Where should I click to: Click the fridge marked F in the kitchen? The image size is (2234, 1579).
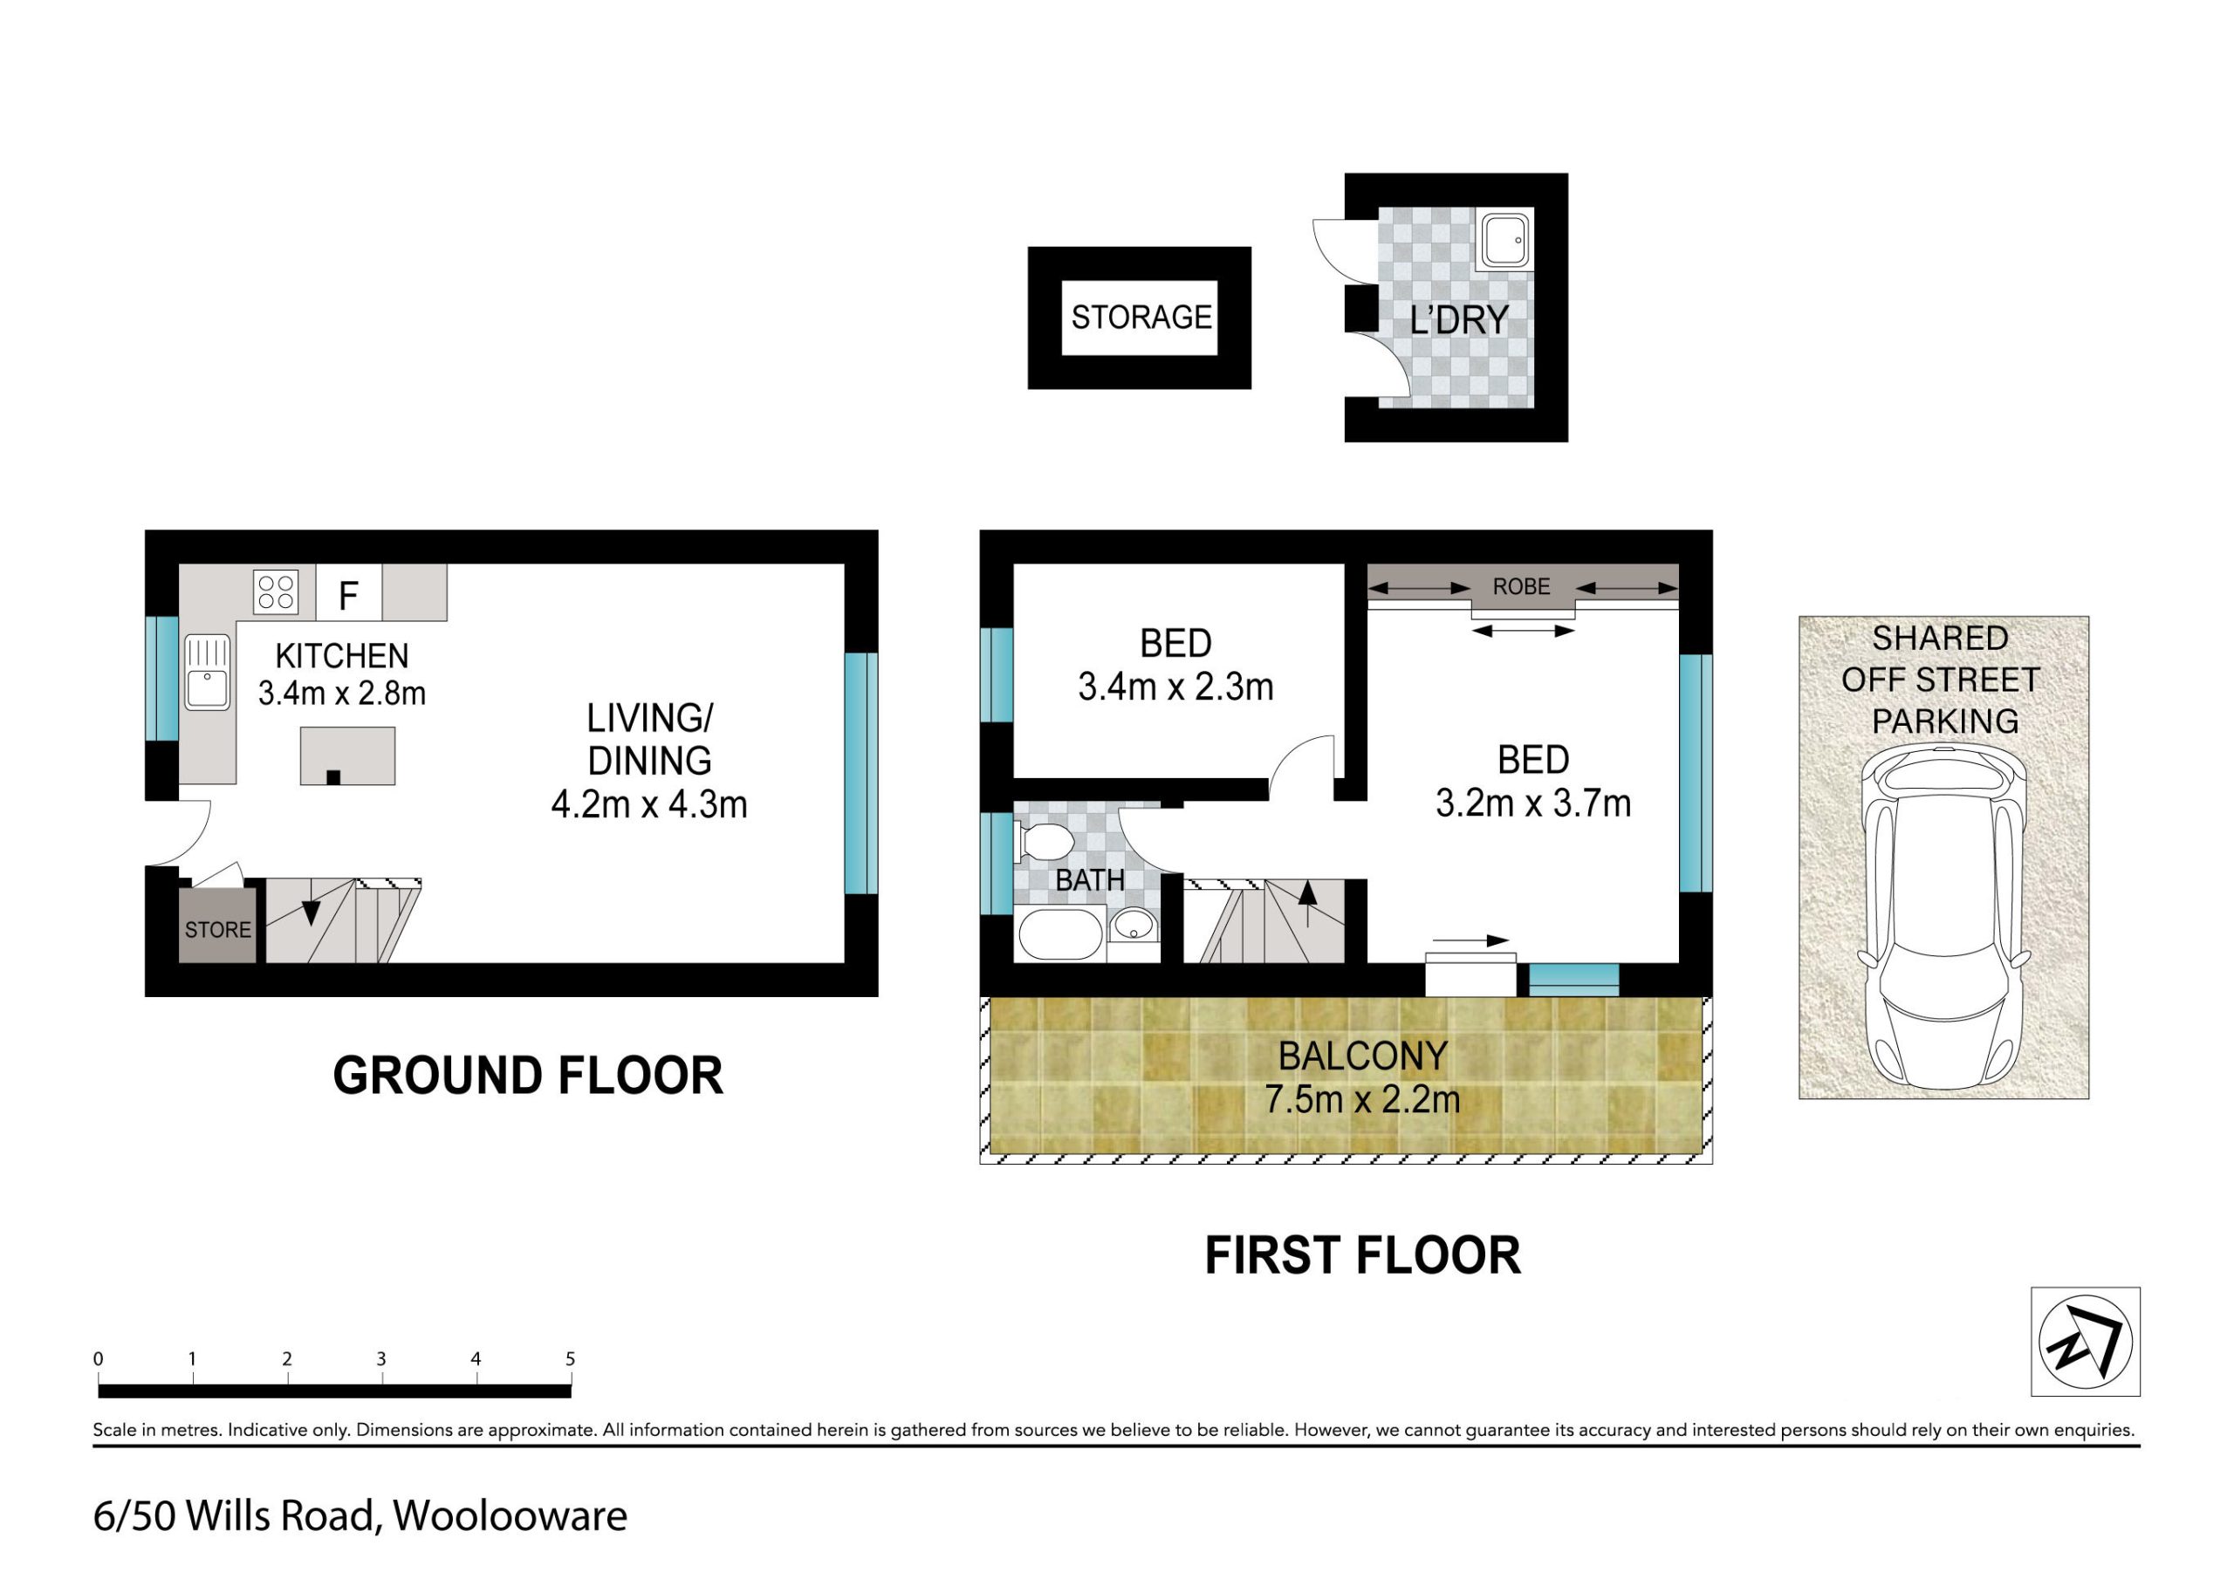pos(348,592)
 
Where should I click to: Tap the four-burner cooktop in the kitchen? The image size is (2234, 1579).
pos(276,592)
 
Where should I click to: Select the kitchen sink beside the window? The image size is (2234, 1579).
pos(207,673)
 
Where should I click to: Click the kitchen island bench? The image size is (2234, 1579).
pos(347,756)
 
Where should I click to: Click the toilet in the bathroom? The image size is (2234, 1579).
pos(1043,843)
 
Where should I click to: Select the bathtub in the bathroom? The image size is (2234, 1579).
pos(1060,935)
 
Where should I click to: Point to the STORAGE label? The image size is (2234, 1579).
pos(1141,318)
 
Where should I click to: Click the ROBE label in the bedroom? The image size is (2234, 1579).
pos(1522,586)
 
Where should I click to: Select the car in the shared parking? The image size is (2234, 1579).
pos(1943,918)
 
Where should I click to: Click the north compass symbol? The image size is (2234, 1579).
pos(2085,1342)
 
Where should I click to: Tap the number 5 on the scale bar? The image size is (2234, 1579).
pos(570,1358)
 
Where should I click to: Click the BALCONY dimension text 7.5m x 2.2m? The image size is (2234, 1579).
pos(1362,1099)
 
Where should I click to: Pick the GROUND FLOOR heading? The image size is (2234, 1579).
pos(528,1076)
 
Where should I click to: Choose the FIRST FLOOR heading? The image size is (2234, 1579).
pos(1362,1255)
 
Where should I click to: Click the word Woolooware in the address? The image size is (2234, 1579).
pos(510,1516)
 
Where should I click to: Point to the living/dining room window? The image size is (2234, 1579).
pos(860,774)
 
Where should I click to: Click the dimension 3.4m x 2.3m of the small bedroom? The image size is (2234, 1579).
pos(1175,687)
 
